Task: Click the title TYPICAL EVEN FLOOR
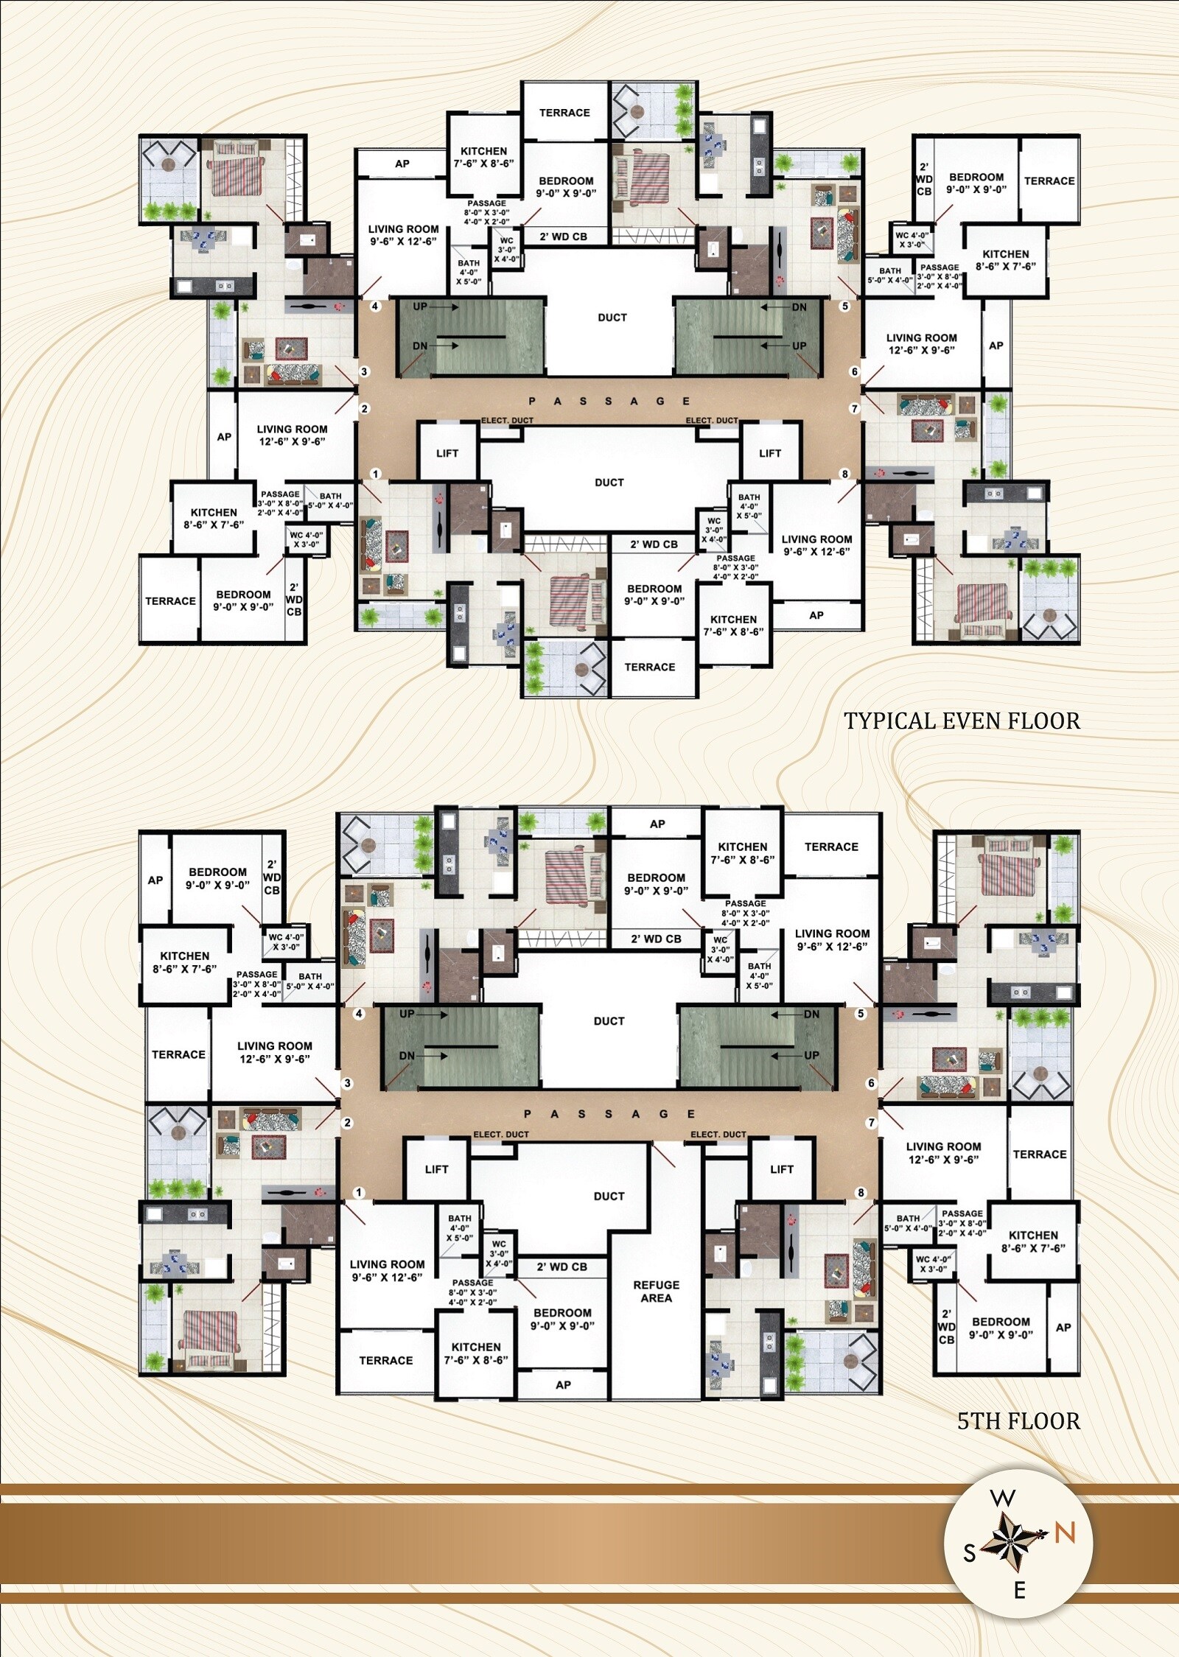[962, 721]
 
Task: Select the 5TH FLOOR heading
[1018, 1420]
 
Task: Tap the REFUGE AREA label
[656, 1292]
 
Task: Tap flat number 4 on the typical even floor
[375, 306]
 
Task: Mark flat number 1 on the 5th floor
[360, 1192]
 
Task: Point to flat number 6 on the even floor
[855, 371]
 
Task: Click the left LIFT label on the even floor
[447, 453]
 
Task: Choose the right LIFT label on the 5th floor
[782, 1169]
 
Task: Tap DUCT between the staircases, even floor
[612, 318]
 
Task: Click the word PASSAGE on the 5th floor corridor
[609, 1114]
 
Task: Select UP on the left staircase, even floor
[419, 306]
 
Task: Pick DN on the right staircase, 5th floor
[811, 1014]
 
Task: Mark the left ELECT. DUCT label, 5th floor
[501, 1134]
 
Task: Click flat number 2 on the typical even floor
[364, 409]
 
